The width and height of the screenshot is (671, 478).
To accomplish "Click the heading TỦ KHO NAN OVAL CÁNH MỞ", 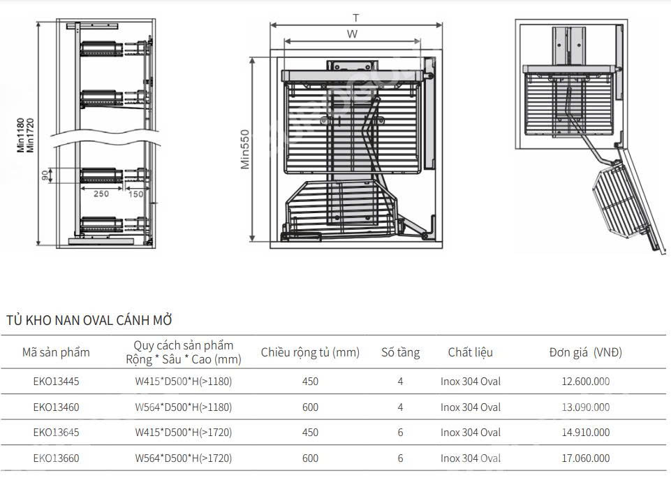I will pos(89,321).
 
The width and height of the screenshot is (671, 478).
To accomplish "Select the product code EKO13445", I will pos(56,382).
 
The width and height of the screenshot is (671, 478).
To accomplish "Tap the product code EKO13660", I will pos(56,458).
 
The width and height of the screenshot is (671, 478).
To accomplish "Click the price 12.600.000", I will pos(585,382).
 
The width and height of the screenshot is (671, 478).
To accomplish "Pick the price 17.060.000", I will pos(585,458).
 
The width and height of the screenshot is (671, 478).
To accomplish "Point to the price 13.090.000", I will pos(585,407).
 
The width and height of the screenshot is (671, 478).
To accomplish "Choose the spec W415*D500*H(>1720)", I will pos(183,433).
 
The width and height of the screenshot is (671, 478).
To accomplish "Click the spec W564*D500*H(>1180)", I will pos(183,407).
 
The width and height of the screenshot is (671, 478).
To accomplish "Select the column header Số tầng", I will pos(400,352).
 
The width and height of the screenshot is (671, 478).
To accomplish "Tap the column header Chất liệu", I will pos(470,352).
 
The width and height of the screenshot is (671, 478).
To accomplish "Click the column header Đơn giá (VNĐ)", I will pos(585,352).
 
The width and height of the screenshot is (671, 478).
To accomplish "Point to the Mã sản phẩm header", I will pos(56,352).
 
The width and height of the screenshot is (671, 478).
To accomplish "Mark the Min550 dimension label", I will pos(245,149).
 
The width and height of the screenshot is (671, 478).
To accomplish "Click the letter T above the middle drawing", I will pos(355,17).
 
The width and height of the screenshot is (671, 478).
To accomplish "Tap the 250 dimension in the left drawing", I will pos(101,194).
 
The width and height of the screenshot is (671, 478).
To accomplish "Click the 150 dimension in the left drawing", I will pos(135,194).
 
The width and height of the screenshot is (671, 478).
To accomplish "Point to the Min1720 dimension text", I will pos(30,135).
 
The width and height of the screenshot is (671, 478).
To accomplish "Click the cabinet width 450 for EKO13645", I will pos(310,433).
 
